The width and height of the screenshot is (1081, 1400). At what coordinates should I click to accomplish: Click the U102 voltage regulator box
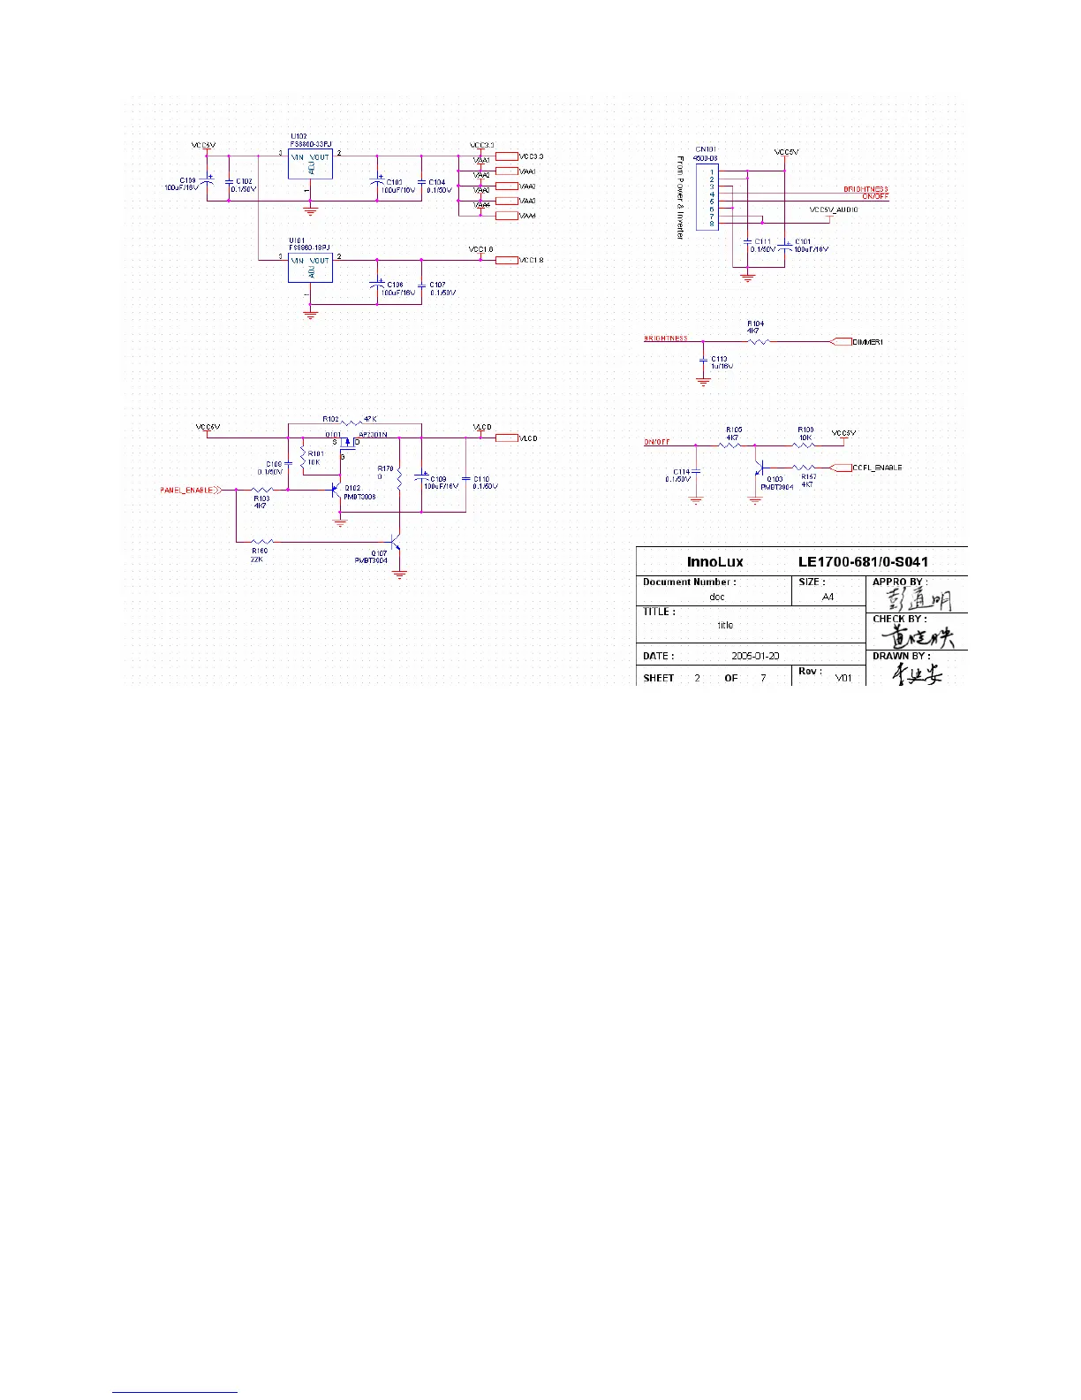point(310,164)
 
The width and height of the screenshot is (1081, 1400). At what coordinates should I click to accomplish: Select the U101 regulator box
point(310,268)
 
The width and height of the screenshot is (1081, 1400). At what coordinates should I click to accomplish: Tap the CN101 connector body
point(707,198)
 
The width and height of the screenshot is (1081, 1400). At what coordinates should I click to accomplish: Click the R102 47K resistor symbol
point(352,423)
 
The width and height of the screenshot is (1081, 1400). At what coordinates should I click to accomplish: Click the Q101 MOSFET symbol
point(348,444)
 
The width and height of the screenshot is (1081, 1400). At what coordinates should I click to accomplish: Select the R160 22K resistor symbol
point(262,542)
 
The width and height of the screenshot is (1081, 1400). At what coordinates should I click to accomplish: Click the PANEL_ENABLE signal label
point(186,490)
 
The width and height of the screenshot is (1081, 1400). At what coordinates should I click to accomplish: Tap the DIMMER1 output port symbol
point(841,342)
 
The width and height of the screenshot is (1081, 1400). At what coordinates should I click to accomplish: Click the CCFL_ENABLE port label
point(877,468)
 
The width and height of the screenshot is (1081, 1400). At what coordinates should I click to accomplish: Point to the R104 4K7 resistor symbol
point(758,341)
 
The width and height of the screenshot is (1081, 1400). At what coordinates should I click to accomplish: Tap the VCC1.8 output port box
point(506,260)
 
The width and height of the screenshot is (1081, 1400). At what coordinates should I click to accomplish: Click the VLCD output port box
point(506,437)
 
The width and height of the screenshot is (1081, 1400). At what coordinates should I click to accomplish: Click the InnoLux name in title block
point(714,562)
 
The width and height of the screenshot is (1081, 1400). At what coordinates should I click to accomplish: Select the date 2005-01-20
point(755,656)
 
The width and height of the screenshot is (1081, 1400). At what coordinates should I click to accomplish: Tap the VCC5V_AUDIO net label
point(834,210)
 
